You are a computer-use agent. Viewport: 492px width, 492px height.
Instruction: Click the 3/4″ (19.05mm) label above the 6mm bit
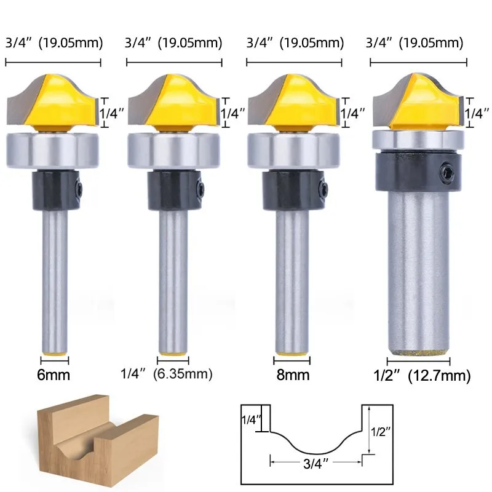point(54,43)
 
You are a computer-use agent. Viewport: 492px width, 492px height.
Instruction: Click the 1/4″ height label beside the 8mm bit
point(353,113)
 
